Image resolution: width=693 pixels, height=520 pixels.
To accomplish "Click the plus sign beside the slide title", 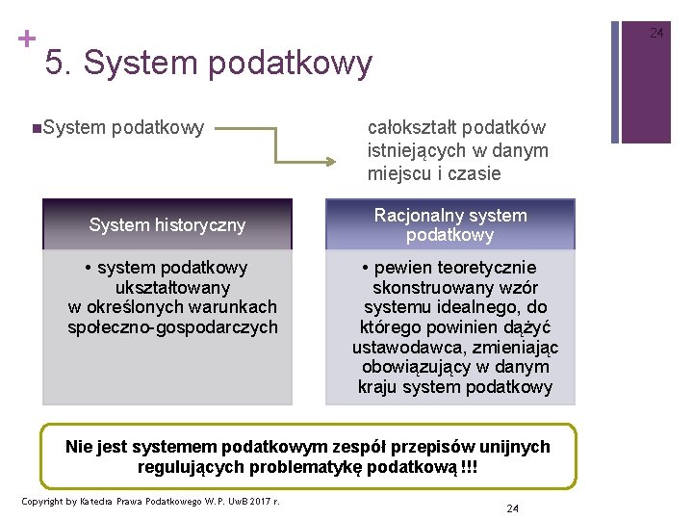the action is (26, 39).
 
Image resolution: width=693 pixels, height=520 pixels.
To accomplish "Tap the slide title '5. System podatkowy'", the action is (208, 63).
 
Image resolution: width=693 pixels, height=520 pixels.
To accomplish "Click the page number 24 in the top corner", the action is (656, 33).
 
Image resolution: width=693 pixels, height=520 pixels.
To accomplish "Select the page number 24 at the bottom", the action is (512, 507).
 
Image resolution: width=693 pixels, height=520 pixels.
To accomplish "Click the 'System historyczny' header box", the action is (167, 225).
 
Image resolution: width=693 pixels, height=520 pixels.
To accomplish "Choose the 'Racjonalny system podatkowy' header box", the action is (450, 225).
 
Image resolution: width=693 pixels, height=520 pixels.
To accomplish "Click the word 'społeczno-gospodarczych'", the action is (172, 327).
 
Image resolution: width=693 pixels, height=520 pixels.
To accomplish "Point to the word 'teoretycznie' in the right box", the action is (488, 267).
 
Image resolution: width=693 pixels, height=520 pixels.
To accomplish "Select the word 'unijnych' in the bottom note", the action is (518, 447).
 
